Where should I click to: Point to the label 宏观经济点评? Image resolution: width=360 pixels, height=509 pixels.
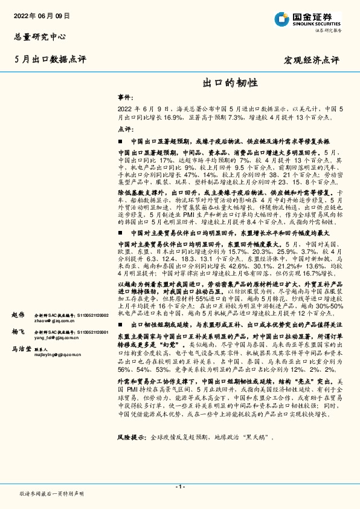tap(312, 60)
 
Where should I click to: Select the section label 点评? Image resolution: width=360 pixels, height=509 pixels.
tap(125, 129)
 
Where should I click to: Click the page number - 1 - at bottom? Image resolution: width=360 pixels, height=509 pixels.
tap(179, 487)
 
